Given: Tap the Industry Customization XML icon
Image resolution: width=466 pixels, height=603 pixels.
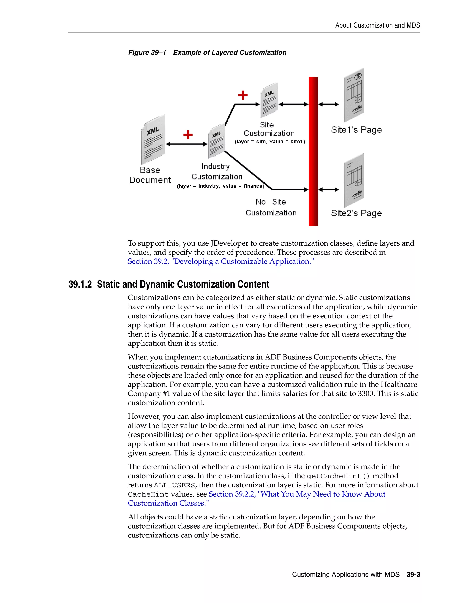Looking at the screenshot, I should pyautogui.click(x=217, y=141).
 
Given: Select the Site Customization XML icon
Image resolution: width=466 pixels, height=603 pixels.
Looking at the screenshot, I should pyautogui.click(x=269, y=100).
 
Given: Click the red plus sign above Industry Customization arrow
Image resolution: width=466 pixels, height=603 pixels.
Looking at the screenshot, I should pyautogui.click(x=188, y=135).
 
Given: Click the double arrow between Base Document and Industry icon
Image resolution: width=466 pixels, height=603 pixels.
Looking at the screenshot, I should pyautogui.click(x=187, y=144).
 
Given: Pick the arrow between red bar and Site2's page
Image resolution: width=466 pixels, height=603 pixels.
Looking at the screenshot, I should pyautogui.click(x=329, y=190).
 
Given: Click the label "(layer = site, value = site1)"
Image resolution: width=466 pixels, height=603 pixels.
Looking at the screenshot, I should pyautogui.click(x=270, y=142).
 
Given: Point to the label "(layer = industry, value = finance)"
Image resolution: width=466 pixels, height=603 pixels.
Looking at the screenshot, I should pyautogui.click(x=220, y=186).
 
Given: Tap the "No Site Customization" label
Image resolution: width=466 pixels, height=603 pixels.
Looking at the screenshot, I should pyautogui.click(x=271, y=207).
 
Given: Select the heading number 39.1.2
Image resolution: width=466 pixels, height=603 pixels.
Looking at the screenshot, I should pyautogui.click(x=80, y=284).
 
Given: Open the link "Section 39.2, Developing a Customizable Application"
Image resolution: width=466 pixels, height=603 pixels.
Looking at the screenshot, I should pyautogui.click(x=220, y=261).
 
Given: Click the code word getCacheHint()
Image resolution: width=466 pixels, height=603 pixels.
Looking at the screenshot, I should pyautogui.click(x=338, y=476).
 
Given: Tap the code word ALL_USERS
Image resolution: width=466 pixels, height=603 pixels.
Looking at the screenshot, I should pyautogui.click(x=174, y=485).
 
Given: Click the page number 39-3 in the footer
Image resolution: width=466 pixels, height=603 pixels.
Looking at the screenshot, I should pyautogui.click(x=413, y=575).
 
